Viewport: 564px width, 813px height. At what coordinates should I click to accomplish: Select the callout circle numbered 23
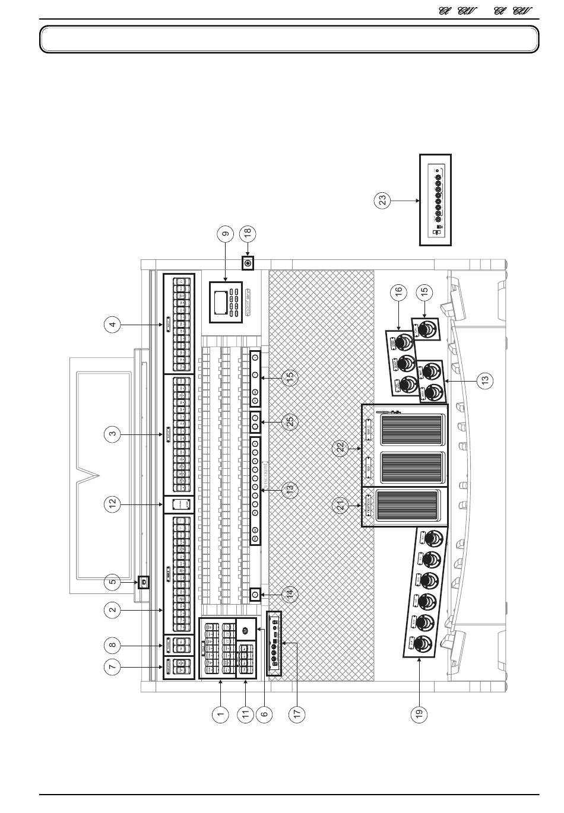(x=383, y=200)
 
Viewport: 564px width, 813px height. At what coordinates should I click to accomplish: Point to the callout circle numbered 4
(x=113, y=324)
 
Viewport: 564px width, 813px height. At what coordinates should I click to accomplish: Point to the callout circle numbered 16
(x=399, y=291)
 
